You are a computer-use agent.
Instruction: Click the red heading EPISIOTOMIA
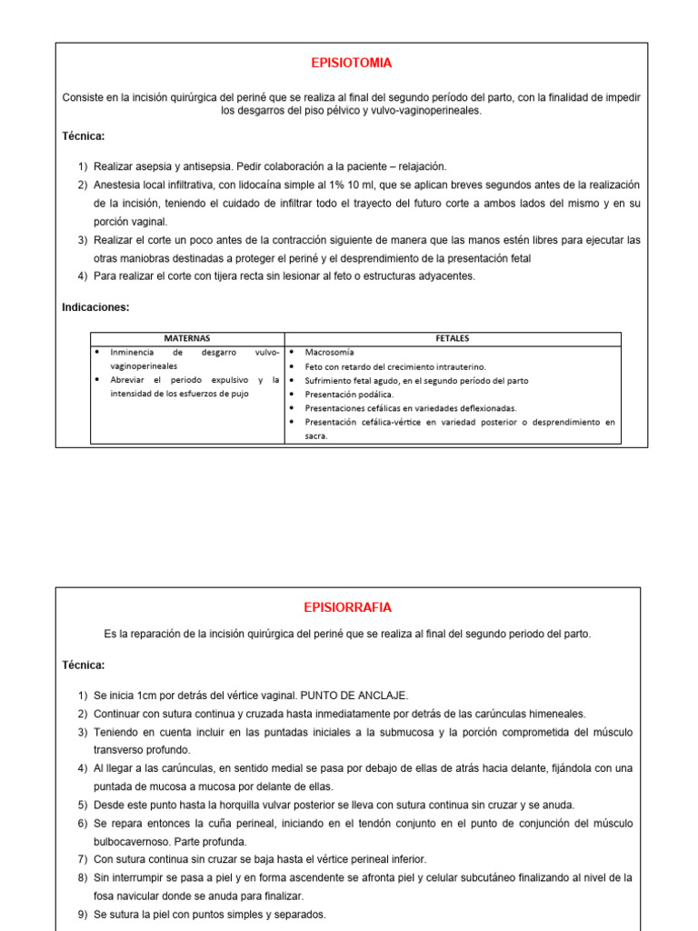[x=352, y=63]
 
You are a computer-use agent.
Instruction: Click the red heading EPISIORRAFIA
[x=347, y=607]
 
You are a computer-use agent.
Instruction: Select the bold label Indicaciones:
[x=95, y=307]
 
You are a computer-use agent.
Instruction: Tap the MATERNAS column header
[x=186, y=338]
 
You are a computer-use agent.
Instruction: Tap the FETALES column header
[x=453, y=338]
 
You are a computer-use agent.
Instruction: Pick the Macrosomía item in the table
[x=330, y=352]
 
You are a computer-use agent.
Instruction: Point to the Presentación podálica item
[x=349, y=395]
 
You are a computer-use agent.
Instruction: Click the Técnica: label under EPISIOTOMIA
[x=84, y=136]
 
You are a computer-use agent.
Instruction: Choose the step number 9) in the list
[x=83, y=915]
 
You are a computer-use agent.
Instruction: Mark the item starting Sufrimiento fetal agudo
[x=416, y=380]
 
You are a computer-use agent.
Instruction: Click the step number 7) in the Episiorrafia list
[x=83, y=859]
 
